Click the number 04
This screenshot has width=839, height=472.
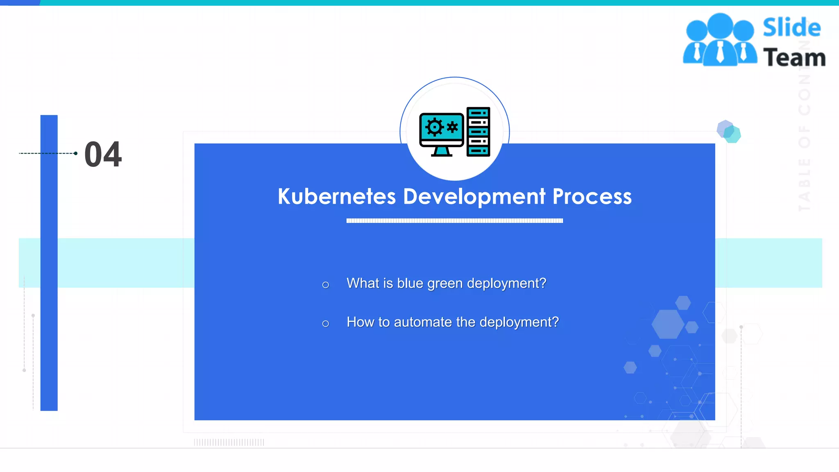click(x=103, y=154)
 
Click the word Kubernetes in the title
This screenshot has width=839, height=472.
click(x=337, y=196)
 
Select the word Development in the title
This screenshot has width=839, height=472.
click(x=474, y=197)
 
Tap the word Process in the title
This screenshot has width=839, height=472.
click(x=592, y=196)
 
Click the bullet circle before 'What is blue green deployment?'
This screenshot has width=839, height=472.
click(x=326, y=285)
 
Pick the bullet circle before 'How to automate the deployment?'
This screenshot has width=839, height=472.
click(x=326, y=324)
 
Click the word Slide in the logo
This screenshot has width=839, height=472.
click(x=791, y=28)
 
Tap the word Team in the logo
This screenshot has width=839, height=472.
click(x=794, y=57)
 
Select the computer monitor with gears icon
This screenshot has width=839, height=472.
click(x=442, y=134)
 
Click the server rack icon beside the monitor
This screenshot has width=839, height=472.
click(x=478, y=132)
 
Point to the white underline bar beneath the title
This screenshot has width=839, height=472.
click(x=454, y=221)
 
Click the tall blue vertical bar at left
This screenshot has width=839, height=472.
click(x=49, y=262)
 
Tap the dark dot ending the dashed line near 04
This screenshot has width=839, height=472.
click(x=76, y=153)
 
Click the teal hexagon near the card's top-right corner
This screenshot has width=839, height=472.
click(x=732, y=134)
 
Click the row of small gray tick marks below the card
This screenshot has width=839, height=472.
click(x=229, y=442)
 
